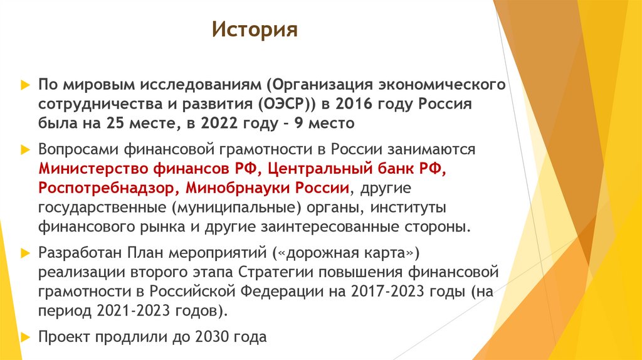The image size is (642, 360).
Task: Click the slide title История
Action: coord(254,29)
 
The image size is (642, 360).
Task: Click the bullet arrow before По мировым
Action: coord(24,84)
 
